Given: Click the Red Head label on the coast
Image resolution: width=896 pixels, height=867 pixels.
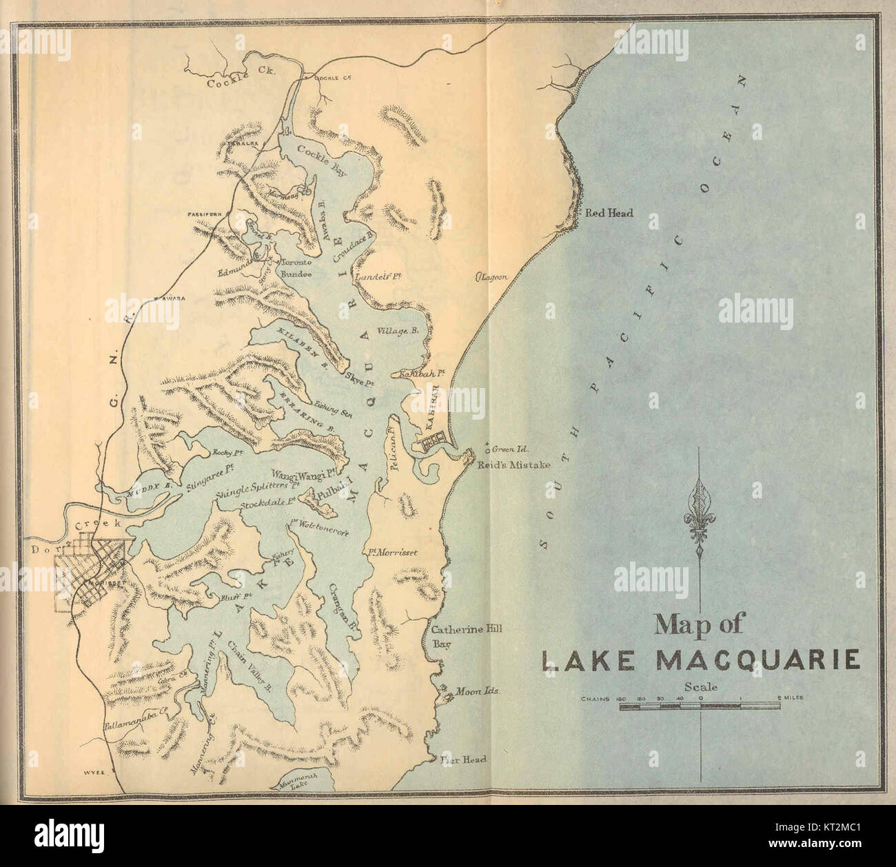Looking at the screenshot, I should [x=609, y=214].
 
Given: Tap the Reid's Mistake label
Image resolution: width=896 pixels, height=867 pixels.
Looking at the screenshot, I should [x=513, y=465].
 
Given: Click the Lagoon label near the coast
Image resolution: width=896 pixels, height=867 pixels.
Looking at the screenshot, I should [x=493, y=277].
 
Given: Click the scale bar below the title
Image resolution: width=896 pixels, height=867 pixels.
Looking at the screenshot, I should [x=700, y=706].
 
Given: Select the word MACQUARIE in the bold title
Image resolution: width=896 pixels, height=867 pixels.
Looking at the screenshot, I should [x=759, y=660].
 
